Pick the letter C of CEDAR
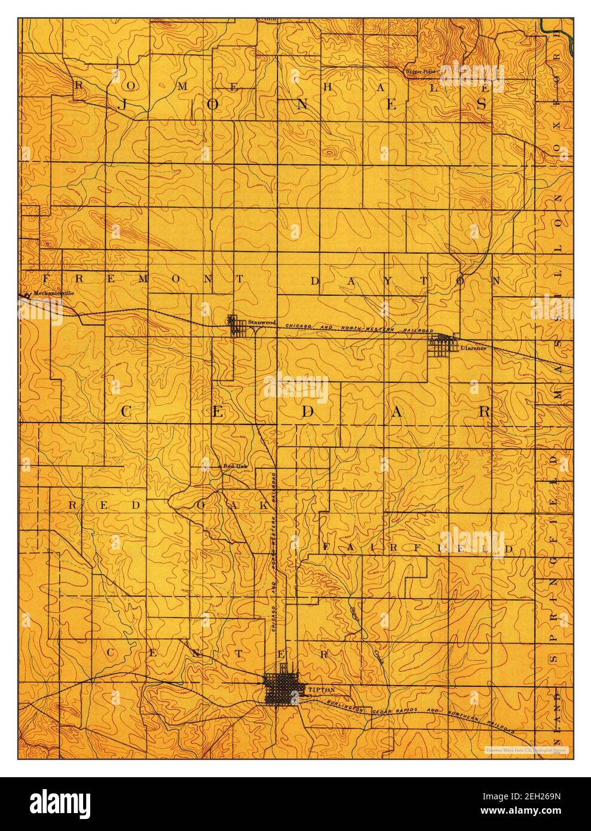(x=127, y=411)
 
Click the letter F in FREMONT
(x=48, y=279)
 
